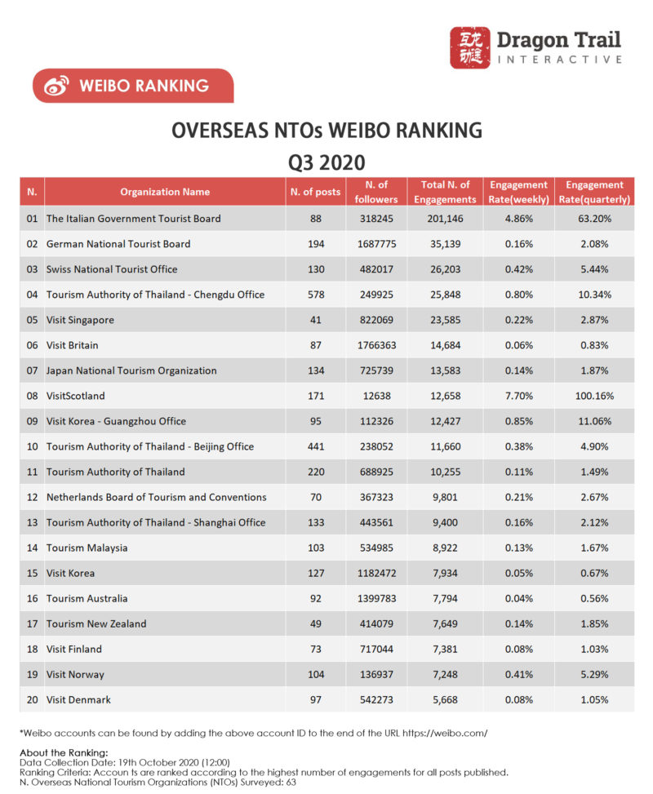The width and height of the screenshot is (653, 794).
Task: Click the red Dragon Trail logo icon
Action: click(469, 47)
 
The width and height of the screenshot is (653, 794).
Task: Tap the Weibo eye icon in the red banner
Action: click(56, 86)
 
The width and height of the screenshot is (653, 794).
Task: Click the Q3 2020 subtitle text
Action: click(326, 162)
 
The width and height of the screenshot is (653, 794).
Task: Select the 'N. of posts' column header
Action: click(315, 192)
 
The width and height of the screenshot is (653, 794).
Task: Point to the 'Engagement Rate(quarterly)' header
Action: click(594, 192)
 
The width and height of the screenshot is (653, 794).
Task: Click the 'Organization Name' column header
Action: click(165, 192)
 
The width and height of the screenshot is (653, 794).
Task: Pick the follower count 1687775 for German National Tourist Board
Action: click(376, 244)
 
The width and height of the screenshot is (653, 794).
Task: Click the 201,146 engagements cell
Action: click(445, 219)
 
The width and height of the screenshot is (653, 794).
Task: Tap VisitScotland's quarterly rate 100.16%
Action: click(594, 396)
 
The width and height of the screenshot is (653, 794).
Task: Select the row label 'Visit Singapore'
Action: click(80, 320)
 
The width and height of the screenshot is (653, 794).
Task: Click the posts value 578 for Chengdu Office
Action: click(316, 295)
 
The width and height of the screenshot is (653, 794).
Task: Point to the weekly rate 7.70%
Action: click(519, 396)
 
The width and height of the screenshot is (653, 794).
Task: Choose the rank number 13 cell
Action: click(32, 522)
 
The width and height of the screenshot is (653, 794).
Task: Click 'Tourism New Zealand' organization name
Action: click(96, 623)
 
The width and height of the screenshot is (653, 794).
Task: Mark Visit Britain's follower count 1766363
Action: click(376, 345)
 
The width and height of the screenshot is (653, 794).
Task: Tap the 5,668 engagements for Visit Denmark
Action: click(445, 700)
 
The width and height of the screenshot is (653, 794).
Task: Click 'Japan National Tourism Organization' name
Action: click(131, 370)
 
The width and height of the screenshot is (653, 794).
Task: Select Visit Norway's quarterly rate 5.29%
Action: click(594, 675)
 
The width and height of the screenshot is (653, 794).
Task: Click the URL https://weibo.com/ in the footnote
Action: click(445, 733)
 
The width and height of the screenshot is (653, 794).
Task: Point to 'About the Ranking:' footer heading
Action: click(64, 752)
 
